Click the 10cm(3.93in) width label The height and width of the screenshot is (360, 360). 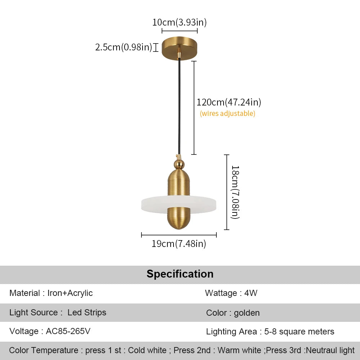(179, 22)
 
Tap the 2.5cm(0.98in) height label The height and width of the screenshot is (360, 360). (123, 47)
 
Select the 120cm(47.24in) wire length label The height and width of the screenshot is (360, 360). (229, 102)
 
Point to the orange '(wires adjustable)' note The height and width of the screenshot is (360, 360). (228, 114)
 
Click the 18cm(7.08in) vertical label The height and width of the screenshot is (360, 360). (235, 192)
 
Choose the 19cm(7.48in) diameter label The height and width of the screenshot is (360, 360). (179, 244)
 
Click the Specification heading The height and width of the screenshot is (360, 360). (180, 274)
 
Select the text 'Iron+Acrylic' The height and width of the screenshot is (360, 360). (70, 293)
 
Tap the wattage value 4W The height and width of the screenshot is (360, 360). (251, 293)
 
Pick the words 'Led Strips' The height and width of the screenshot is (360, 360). (87, 312)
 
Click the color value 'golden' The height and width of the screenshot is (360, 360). (247, 313)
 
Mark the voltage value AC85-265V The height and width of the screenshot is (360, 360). (68, 331)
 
